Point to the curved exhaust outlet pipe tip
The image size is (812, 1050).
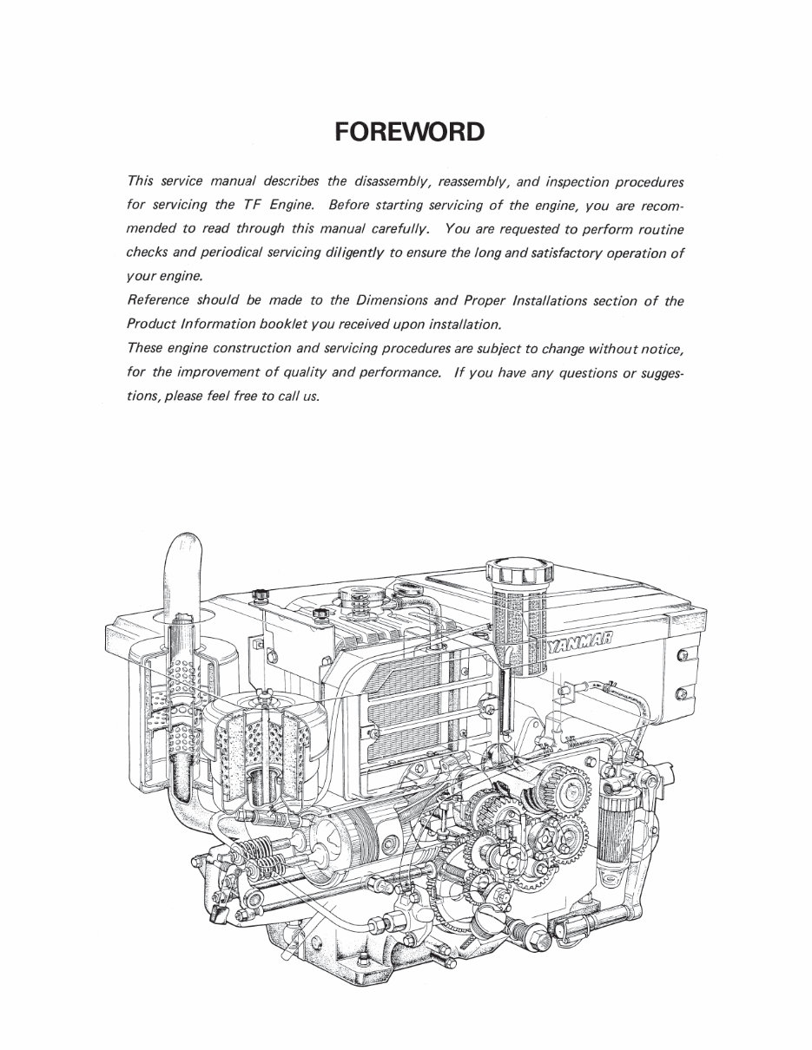coord(184,555)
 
